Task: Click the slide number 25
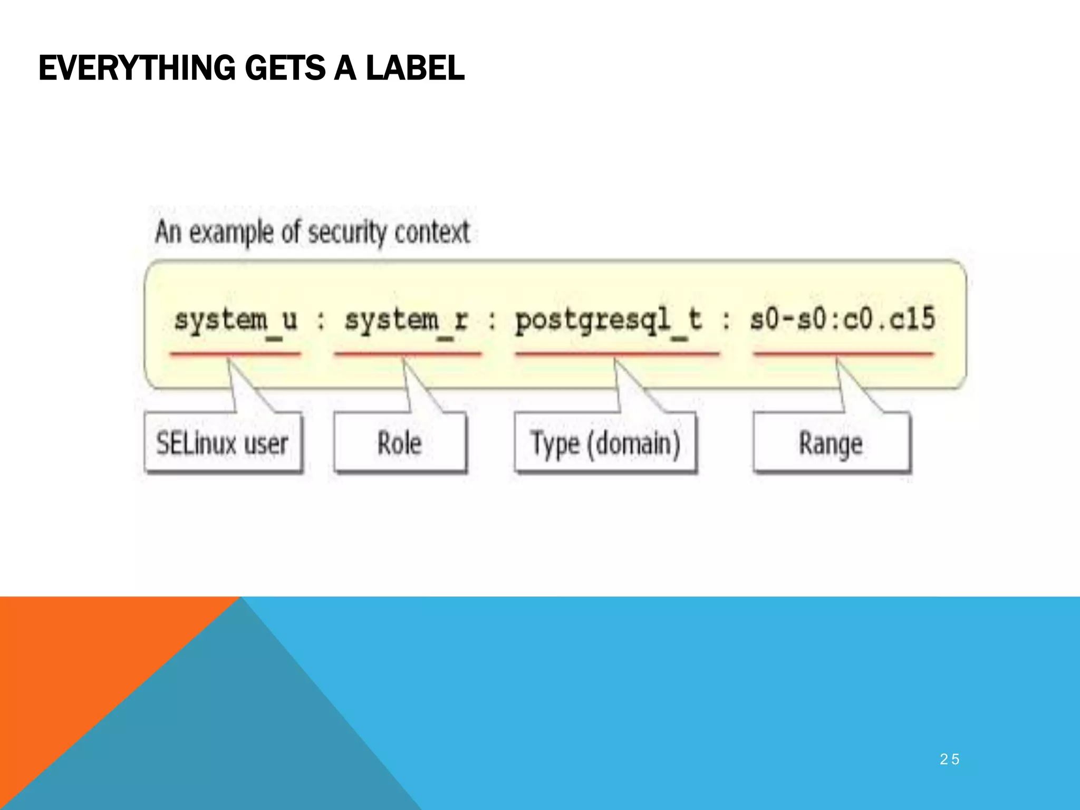(x=949, y=759)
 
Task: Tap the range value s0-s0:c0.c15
(x=843, y=319)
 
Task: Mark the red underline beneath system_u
(x=235, y=353)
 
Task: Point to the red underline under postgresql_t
(x=617, y=353)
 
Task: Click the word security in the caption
(x=347, y=233)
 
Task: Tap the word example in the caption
(x=232, y=233)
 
